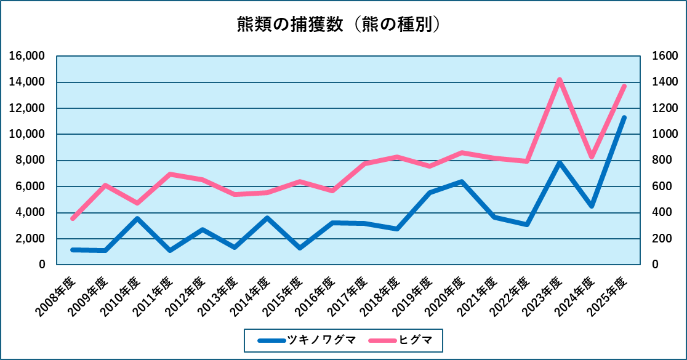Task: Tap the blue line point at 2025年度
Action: [x=624, y=117]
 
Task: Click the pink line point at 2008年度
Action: [x=73, y=218]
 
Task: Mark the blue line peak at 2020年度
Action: [x=462, y=182]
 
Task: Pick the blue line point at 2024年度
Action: [x=592, y=206]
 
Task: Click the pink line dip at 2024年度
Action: [x=592, y=157]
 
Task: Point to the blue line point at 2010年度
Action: [x=137, y=218]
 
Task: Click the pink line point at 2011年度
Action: [x=170, y=174]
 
